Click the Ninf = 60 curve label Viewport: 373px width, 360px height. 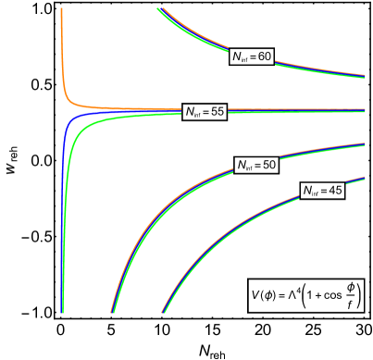tap(252, 56)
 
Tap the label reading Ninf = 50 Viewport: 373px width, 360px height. tap(256, 165)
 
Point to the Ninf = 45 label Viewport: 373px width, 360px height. tap(322, 191)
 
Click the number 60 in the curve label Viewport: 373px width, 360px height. tap(264, 56)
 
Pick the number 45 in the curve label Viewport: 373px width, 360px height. tap(334, 191)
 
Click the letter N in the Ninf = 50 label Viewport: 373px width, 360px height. tap(241, 165)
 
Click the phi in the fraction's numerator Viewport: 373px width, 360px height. tap(349, 287)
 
